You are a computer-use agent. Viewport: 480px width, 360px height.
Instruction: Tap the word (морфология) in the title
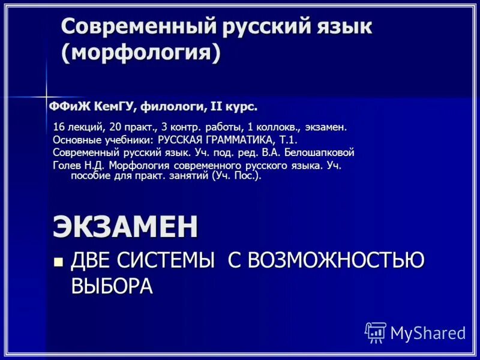click(x=140, y=53)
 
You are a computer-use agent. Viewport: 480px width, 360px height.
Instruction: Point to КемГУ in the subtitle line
click(x=113, y=107)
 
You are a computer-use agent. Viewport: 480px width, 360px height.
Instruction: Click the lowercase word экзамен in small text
click(x=326, y=127)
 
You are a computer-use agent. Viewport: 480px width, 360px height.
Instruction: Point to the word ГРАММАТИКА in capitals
click(x=235, y=140)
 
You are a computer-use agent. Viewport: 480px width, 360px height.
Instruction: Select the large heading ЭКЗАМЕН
click(x=125, y=226)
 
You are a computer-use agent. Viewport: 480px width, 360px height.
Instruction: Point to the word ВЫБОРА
click(x=112, y=286)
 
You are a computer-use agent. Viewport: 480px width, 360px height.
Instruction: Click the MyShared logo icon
click(x=376, y=332)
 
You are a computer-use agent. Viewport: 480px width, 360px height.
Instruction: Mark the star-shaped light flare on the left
click(x=46, y=96)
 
